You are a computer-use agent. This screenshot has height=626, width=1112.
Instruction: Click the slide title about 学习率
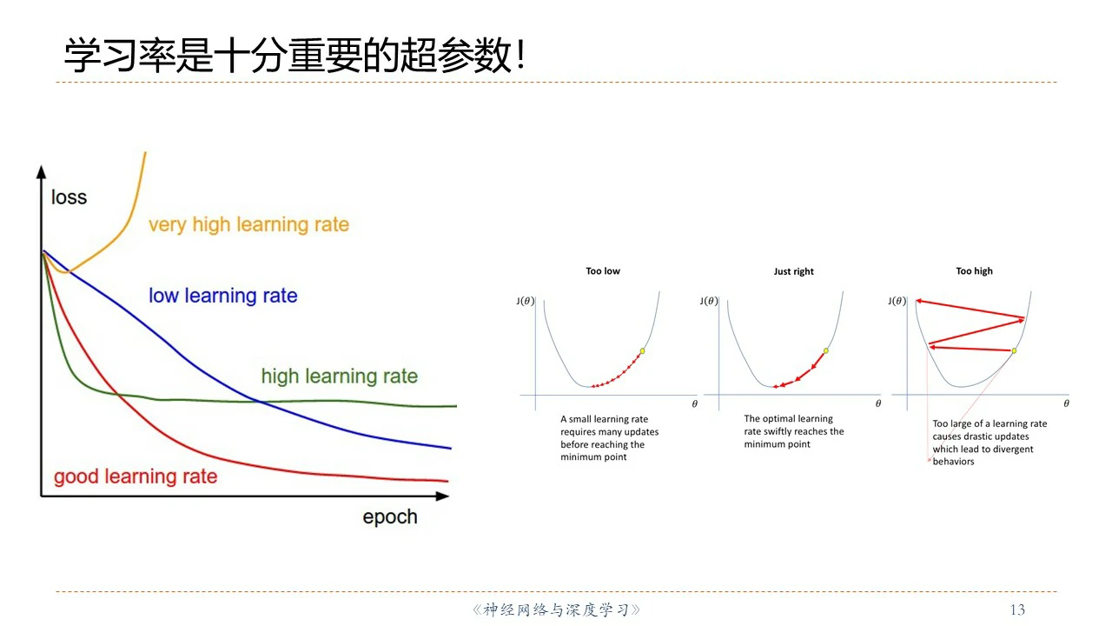[295, 55]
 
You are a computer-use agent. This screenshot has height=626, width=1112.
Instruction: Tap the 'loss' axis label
[69, 197]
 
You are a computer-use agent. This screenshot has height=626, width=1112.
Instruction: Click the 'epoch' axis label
[390, 517]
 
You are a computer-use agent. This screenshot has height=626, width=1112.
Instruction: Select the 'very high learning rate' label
[248, 224]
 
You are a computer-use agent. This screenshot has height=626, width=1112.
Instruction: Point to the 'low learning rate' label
[223, 296]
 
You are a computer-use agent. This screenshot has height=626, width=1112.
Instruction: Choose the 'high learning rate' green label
[340, 376]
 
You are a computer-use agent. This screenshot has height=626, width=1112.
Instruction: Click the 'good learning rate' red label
[136, 476]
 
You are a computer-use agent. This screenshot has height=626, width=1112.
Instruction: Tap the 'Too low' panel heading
[603, 270]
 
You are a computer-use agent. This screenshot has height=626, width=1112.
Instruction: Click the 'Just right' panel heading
[793, 271]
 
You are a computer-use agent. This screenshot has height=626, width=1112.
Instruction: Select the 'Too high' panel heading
[974, 270]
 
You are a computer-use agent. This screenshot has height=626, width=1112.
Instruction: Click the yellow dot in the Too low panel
[642, 350]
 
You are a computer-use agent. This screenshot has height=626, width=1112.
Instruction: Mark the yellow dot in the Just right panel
[826, 350]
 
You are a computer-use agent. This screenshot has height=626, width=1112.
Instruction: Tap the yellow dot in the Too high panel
[1014, 350]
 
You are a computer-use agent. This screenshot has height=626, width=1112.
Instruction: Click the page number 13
[1017, 609]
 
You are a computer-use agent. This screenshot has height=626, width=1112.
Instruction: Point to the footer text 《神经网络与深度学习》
[556, 609]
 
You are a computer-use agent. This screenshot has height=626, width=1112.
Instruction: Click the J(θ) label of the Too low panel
[526, 301]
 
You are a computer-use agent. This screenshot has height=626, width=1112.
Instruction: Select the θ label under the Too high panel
[1066, 403]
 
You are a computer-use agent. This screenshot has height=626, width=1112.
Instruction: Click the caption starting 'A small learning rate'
[610, 437]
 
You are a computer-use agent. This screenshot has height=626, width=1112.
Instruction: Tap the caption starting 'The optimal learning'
[794, 431]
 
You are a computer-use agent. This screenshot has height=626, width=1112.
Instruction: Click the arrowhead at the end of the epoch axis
[442, 496]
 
